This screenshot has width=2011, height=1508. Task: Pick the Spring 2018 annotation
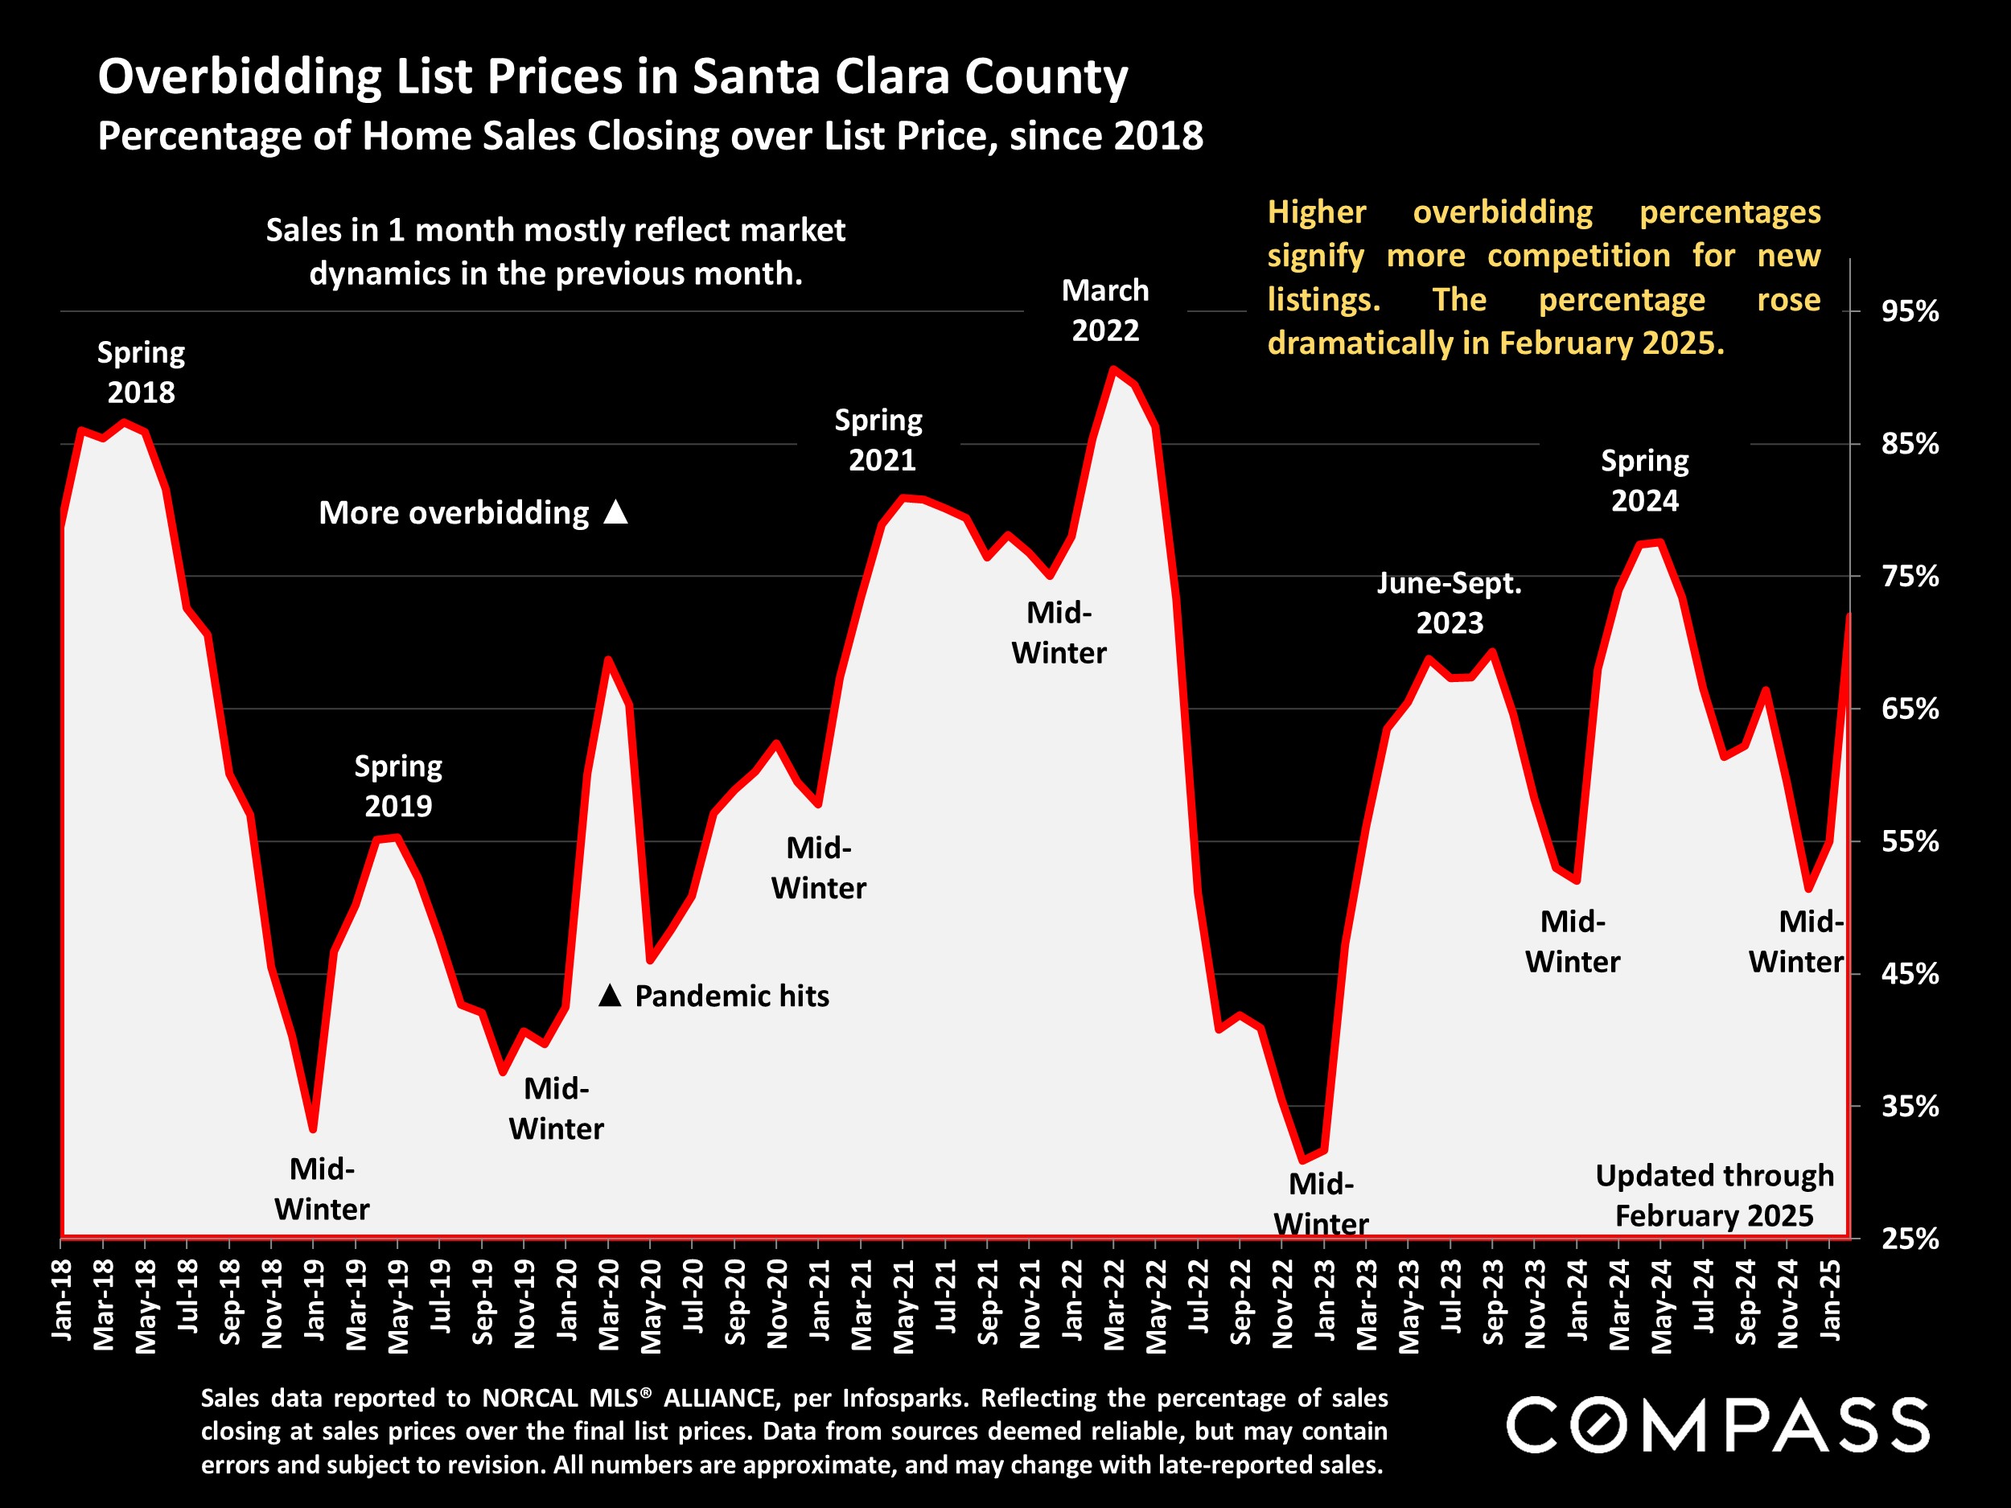[141, 372]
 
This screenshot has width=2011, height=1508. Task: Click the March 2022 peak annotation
[1104, 310]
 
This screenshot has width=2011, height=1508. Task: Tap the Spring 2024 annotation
[1645, 480]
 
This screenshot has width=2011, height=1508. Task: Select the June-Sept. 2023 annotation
[1450, 602]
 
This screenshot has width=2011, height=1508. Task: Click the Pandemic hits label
[731, 996]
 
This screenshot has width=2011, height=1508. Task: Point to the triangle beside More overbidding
[616, 512]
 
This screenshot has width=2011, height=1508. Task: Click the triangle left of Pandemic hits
[610, 996]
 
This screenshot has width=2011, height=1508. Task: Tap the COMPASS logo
[1717, 1425]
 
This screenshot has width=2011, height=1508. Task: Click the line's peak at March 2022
[1112, 369]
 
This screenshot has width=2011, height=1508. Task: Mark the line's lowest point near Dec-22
[1303, 1161]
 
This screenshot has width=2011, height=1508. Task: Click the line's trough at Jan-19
[313, 1129]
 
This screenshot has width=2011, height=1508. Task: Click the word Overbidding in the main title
[239, 76]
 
